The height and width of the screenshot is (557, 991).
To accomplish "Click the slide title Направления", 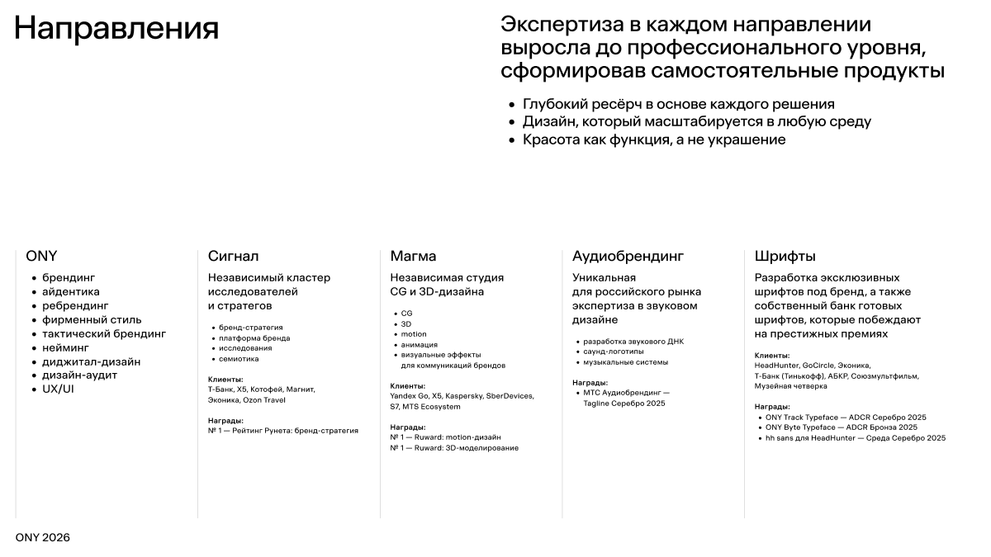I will tap(116, 29).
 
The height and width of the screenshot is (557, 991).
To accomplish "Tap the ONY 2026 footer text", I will tap(43, 538).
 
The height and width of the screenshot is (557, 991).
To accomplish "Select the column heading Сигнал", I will tap(233, 257).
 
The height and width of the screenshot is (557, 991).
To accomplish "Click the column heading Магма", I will tap(413, 257).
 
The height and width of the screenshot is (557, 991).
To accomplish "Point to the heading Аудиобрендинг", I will tap(628, 257).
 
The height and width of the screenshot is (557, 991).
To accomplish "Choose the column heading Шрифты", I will tap(785, 257).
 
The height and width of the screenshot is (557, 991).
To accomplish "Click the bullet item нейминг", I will tap(65, 347).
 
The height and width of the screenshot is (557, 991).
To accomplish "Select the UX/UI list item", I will tap(58, 389).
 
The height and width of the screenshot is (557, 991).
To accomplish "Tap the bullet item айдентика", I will tap(71, 291).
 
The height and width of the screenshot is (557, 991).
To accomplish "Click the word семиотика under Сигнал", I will tap(239, 359).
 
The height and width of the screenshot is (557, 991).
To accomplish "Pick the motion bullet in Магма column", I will tap(414, 334).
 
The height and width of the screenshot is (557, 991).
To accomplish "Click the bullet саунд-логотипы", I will tap(614, 352).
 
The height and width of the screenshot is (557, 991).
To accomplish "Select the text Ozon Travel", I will tap(264, 400).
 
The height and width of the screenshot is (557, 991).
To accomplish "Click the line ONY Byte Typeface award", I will tap(841, 427).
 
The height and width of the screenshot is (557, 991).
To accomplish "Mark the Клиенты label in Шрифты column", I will tap(771, 355).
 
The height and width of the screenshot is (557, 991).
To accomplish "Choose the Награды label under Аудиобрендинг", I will tap(590, 383).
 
